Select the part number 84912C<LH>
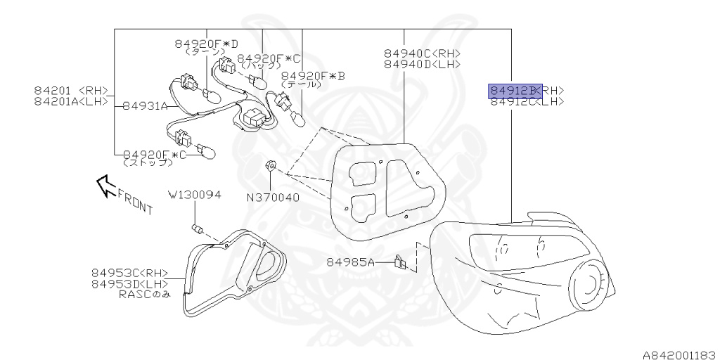(527, 102)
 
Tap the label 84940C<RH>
(422, 53)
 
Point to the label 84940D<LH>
(422, 64)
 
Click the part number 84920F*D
(207, 43)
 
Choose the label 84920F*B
(312, 75)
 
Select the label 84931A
(145, 106)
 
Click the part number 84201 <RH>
(71, 90)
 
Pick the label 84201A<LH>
(71, 101)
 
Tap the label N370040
(272, 198)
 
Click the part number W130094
(194, 194)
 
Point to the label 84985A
(350, 262)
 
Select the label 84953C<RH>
(129, 273)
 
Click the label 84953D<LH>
(129, 284)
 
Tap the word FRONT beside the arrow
(135, 200)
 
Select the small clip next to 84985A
(399, 262)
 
